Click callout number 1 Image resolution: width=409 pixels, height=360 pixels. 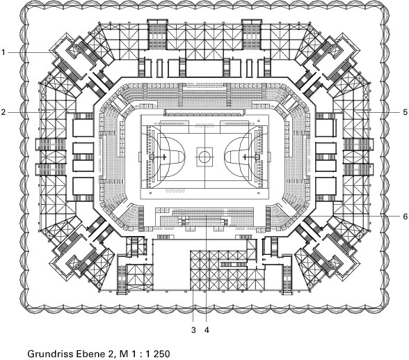[3, 52]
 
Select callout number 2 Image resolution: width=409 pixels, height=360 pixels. [3, 112]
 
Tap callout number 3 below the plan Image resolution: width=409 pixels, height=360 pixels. [193, 330]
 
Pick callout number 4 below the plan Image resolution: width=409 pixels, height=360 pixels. [207, 330]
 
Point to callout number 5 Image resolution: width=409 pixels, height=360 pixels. [405, 112]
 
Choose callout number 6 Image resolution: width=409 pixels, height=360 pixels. [405, 216]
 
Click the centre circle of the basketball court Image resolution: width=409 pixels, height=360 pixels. [205, 157]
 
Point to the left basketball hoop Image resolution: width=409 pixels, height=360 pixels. [165, 157]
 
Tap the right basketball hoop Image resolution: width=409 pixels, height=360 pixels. [244, 157]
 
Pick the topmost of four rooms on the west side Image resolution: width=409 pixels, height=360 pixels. [83, 127]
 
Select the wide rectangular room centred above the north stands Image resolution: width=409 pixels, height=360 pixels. [205, 68]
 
